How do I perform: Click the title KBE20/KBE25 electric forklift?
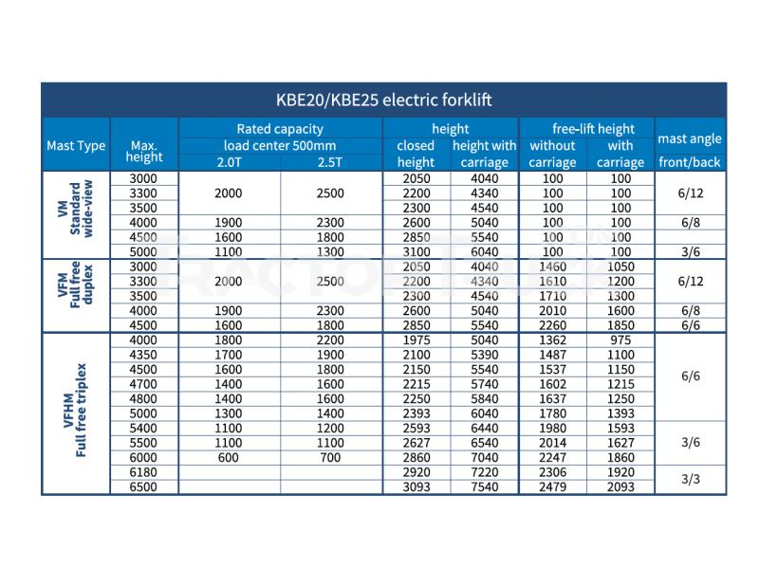(x=383, y=99)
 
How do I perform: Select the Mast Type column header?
(x=76, y=145)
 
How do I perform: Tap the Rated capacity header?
(x=280, y=128)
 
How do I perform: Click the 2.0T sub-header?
(x=229, y=162)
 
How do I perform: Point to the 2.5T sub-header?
(x=330, y=162)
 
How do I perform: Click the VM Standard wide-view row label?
(x=76, y=214)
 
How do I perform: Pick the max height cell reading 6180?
(x=143, y=471)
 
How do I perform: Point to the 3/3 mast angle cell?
(x=690, y=480)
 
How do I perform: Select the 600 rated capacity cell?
(x=229, y=456)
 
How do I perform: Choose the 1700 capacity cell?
(x=229, y=354)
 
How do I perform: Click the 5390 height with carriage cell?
(x=484, y=354)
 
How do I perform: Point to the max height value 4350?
(x=143, y=354)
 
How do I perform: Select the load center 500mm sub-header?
(x=280, y=145)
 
